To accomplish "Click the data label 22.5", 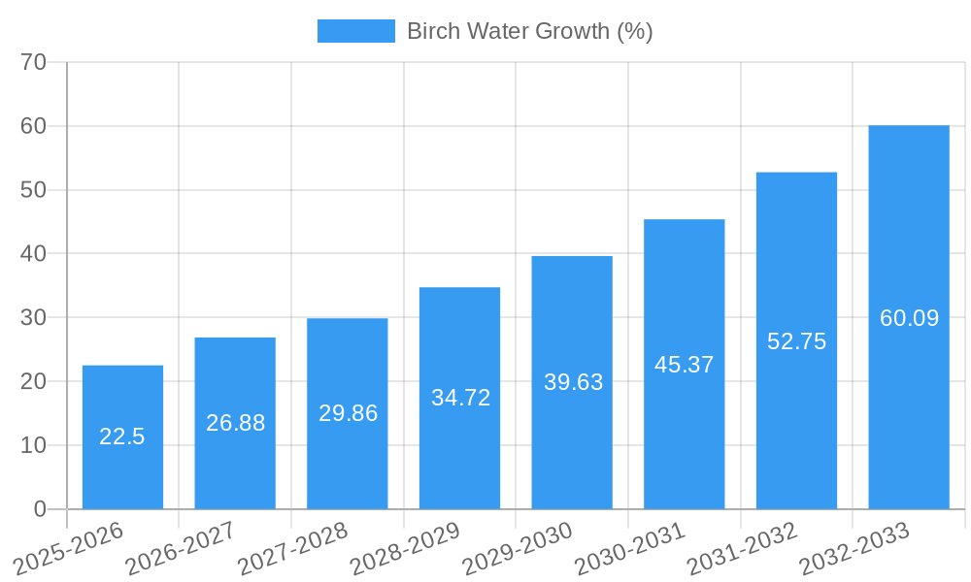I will coord(122,436).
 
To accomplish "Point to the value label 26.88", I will coord(235,423).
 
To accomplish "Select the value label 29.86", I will coord(348,413).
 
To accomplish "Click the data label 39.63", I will coord(573,382).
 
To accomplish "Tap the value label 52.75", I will coord(796,341).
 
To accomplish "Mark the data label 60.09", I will coord(909,318).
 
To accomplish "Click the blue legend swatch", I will coord(355,31).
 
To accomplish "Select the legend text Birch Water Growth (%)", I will coord(529,31).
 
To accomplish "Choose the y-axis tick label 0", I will coord(40,509).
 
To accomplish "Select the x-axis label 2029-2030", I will coord(517,549).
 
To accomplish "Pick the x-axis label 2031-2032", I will coord(742,549).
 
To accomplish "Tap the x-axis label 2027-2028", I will coord(292,549).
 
